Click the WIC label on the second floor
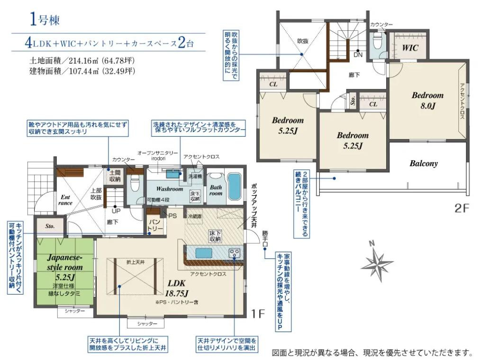[410, 48]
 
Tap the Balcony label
[424, 164]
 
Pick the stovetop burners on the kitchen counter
[234, 253]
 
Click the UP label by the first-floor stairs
[115, 211]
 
